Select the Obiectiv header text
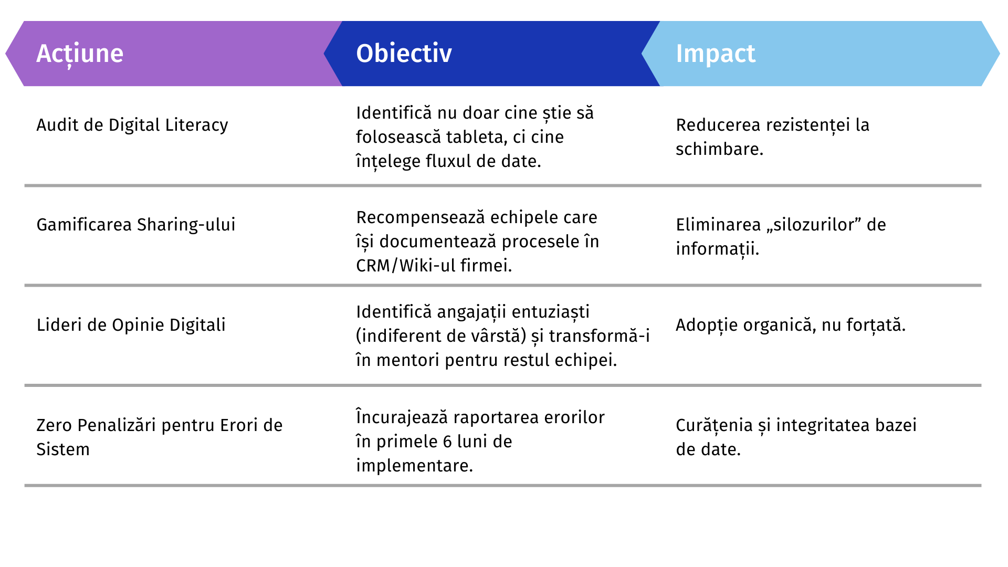(404, 53)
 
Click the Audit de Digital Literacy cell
(132, 125)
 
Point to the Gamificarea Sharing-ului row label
(136, 225)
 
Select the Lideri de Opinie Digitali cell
(131, 325)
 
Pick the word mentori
(408, 360)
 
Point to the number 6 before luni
(447, 442)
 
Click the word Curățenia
(715, 425)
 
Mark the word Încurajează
(402, 417)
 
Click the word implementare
(414, 466)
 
